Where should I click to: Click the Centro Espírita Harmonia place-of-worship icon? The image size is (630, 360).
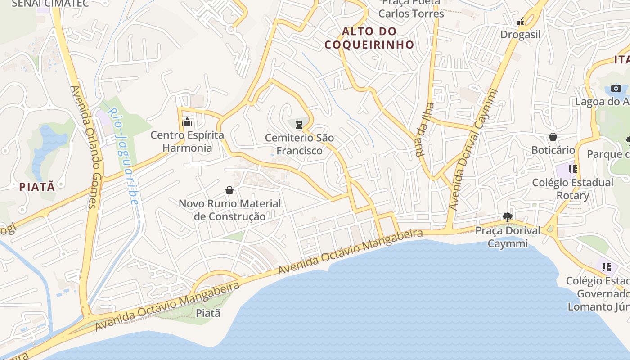click(187, 122)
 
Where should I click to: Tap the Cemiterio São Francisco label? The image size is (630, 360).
click(299, 144)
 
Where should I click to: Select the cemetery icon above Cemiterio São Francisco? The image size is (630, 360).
click(299, 124)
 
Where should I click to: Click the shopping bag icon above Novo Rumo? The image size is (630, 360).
click(229, 190)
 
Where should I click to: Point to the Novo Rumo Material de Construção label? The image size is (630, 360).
click(229, 210)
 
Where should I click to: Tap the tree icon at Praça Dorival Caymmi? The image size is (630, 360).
click(508, 218)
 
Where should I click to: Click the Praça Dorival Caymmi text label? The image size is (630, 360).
click(508, 237)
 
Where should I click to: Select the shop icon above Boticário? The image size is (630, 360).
click(553, 137)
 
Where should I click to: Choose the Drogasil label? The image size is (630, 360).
click(520, 35)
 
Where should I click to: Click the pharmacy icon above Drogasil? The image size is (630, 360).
click(521, 21)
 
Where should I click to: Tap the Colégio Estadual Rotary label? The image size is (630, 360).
click(572, 189)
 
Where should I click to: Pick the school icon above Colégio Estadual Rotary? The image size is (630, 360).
click(572, 169)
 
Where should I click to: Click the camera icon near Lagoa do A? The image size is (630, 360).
click(616, 88)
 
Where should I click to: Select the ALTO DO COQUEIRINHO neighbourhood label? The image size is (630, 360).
click(369, 38)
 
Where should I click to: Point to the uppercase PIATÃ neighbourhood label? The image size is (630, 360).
click(37, 187)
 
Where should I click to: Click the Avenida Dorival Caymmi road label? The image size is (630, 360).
click(473, 150)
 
